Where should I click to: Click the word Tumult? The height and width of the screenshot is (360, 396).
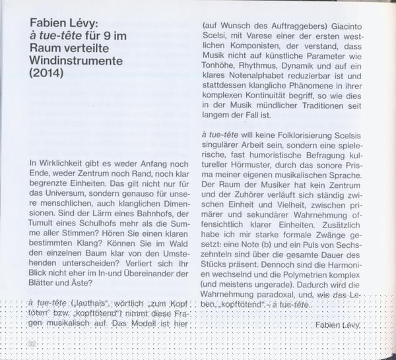[x=44, y=237]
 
